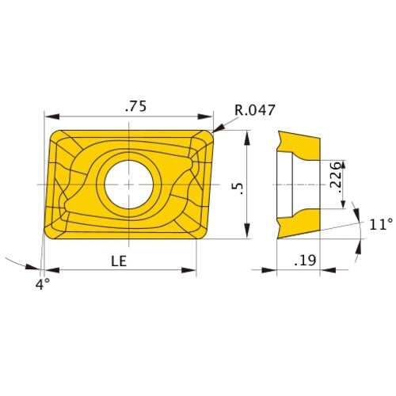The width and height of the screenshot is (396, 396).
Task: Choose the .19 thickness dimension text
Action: tap(303, 259)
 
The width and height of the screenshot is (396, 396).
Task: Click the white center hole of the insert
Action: tap(129, 184)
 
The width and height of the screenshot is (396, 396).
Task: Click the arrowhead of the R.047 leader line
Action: tap(215, 129)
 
